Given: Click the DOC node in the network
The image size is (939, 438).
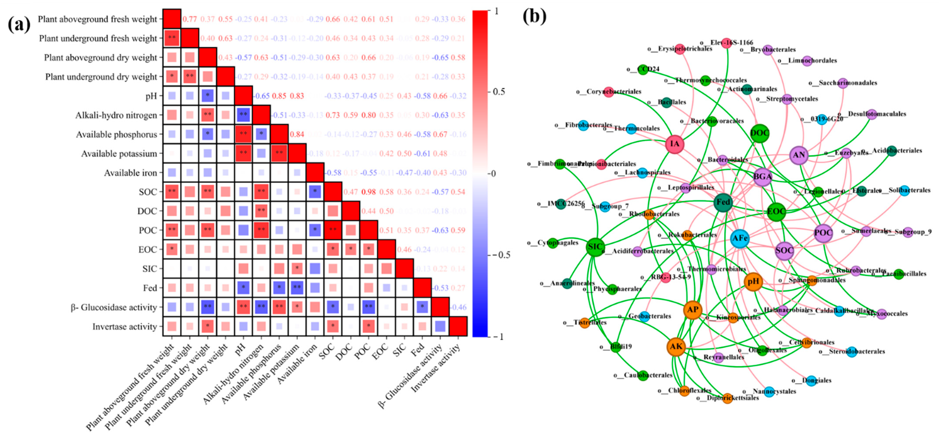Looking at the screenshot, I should tap(759, 133).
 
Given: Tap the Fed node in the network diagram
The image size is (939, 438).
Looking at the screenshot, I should tap(723, 202).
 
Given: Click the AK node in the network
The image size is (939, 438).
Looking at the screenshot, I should tap(676, 346).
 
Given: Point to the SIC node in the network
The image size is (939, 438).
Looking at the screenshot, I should tap(595, 247).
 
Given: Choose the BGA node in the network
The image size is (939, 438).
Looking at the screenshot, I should tap(762, 177).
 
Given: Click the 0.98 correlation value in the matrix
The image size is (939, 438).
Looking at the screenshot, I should tap(369, 192).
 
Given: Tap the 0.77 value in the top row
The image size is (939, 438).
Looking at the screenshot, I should tap(190, 19).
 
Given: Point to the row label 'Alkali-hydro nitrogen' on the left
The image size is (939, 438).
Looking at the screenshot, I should tap(116, 115).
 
